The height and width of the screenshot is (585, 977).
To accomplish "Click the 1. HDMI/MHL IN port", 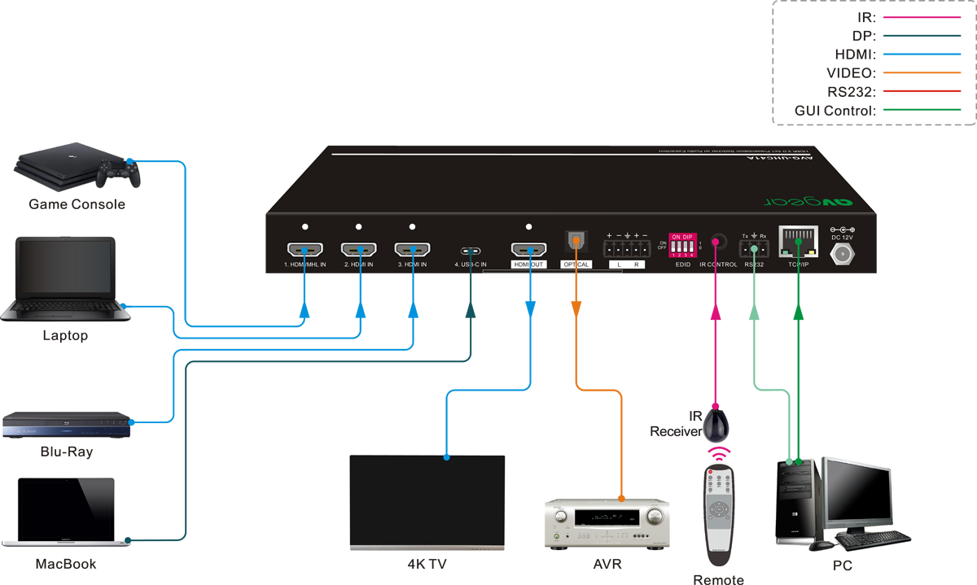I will pyautogui.click(x=304, y=250).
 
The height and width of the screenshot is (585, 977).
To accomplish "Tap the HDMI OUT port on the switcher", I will pyautogui.click(x=528, y=250).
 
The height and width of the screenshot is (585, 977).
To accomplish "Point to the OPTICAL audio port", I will pyautogui.click(x=575, y=241).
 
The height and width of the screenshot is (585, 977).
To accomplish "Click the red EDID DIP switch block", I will pyautogui.click(x=682, y=246).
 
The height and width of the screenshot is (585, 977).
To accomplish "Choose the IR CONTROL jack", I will pyautogui.click(x=717, y=243).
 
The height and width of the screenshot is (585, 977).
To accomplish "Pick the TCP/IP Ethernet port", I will pyautogui.click(x=798, y=239).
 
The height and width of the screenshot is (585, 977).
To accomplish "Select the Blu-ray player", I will pyautogui.click(x=66, y=426).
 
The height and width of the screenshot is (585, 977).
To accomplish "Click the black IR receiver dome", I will pyautogui.click(x=717, y=424).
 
